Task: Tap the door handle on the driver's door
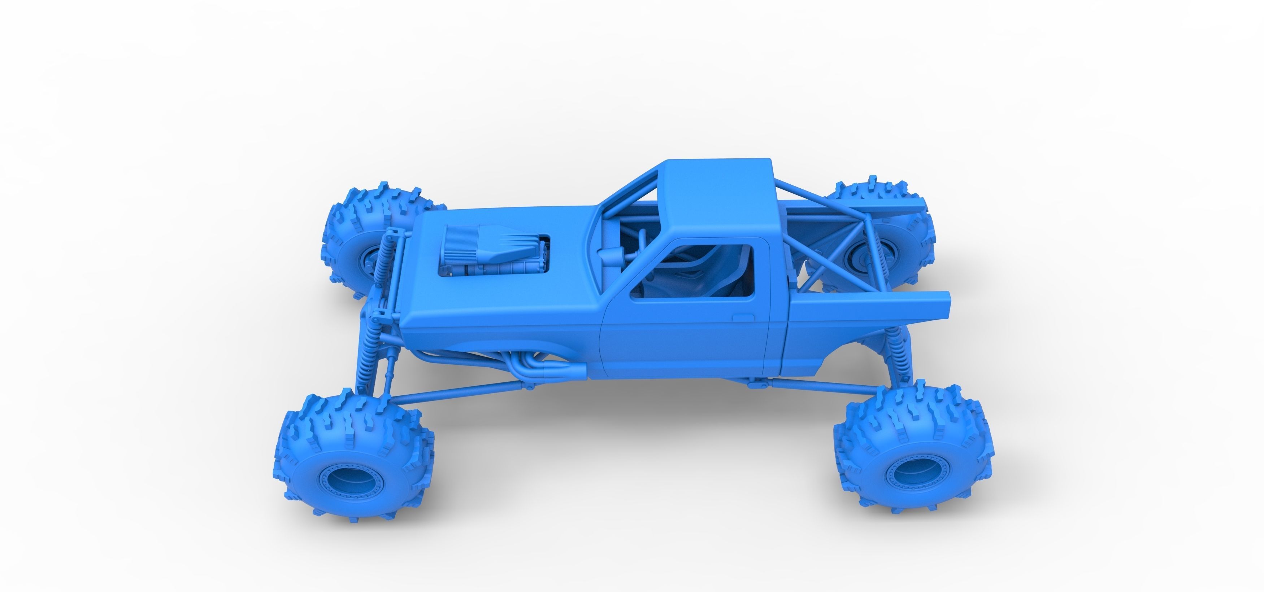click(x=742, y=318)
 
